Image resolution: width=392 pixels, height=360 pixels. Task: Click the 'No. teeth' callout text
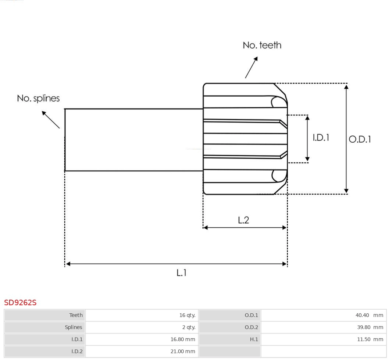(262, 45)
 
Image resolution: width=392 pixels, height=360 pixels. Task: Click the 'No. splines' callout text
(38, 99)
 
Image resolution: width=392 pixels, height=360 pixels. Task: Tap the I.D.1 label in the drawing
(321, 138)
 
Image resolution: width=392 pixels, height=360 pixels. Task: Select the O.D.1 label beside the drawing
(360, 139)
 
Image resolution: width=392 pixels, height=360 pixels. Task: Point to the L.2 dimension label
(243, 220)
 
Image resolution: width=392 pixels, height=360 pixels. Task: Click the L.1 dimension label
(182, 273)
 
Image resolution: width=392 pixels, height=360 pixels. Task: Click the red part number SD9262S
(20, 303)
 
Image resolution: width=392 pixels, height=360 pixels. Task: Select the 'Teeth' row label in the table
(76, 315)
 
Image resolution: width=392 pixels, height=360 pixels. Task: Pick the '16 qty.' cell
(187, 315)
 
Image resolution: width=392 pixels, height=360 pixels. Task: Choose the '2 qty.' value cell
(189, 327)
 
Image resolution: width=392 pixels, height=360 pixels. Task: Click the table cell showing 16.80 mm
(182, 339)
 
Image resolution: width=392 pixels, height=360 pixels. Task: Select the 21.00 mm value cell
(182, 352)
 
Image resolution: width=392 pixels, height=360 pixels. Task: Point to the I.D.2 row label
(77, 352)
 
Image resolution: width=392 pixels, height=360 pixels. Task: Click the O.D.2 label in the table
(251, 327)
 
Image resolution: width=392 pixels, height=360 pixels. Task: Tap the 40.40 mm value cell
(369, 315)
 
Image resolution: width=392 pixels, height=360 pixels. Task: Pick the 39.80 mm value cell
(369, 327)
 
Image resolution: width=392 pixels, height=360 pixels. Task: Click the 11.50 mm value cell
(370, 339)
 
